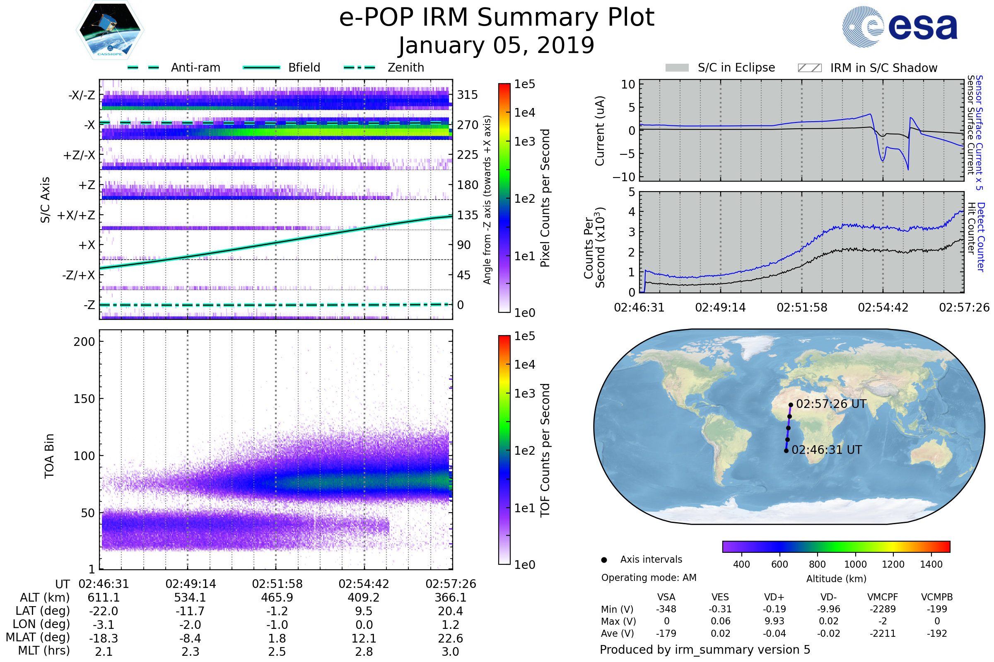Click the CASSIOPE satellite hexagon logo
coord(109,29)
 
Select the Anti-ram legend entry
coord(195,67)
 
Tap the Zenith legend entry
coord(405,67)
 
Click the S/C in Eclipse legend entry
coord(736,67)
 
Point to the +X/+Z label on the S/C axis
coord(76,215)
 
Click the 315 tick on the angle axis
coord(467,95)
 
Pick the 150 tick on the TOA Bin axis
coord(84,399)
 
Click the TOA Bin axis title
coord(49,456)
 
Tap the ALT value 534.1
coord(190,597)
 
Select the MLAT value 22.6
coord(450,638)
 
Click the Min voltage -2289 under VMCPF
coord(883,609)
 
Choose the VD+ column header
coord(774,597)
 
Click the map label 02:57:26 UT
coord(831,404)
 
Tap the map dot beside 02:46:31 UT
coord(786,451)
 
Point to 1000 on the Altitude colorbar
coord(855,564)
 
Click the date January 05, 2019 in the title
coord(497,46)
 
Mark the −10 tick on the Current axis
coord(624,177)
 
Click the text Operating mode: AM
coord(648,578)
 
